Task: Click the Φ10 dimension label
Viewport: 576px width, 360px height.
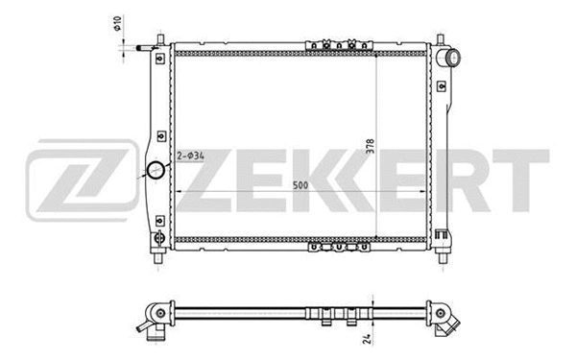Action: pyautogui.click(x=117, y=21)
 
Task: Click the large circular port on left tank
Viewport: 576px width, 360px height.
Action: pyautogui.click(x=155, y=172)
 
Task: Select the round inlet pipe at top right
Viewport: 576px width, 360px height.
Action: pyautogui.click(x=449, y=60)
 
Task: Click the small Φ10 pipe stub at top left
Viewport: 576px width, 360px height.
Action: pyautogui.click(x=144, y=46)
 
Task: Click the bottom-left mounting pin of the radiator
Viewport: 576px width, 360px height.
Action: pyautogui.click(x=157, y=257)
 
